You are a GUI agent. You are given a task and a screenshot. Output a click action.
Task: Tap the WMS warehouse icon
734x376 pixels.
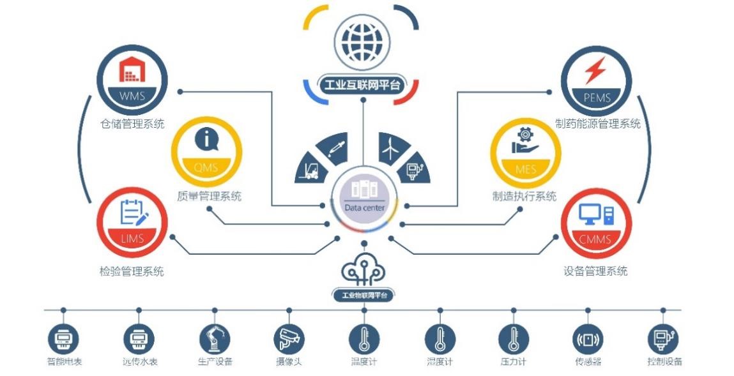tap(132, 69)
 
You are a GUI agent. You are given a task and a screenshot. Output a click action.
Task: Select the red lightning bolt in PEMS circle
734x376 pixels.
tap(595, 70)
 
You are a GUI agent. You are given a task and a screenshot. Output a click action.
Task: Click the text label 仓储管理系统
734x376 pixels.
tap(132, 124)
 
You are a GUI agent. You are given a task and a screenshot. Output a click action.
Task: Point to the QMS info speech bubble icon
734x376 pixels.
tap(206, 139)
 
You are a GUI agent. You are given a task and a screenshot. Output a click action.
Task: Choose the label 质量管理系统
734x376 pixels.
tap(210, 196)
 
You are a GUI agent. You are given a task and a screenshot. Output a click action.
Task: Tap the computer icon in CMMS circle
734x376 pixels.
tap(596, 214)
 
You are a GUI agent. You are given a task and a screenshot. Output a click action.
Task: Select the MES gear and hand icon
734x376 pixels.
tap(525, 141)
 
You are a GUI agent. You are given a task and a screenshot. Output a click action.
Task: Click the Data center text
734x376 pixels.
tap(364, 207)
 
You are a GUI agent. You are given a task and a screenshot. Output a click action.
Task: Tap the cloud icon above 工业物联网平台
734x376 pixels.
tap(363, 269)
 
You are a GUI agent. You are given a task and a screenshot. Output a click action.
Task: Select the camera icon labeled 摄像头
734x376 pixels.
tap(289, 339)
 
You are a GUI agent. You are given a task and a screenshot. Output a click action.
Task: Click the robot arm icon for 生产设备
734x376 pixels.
tap(215, 339)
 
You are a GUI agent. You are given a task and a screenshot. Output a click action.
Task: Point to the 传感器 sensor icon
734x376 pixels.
tap(588, 339)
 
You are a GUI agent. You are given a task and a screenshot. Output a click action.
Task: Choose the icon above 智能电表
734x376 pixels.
tap(63, 339)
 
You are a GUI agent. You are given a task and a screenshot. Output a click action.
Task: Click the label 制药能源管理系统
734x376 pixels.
tap(598, 124)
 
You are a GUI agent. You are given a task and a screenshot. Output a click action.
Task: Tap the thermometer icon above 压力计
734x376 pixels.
tap(514, 339)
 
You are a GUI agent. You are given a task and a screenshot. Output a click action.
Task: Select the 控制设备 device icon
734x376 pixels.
tap(663, 339)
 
